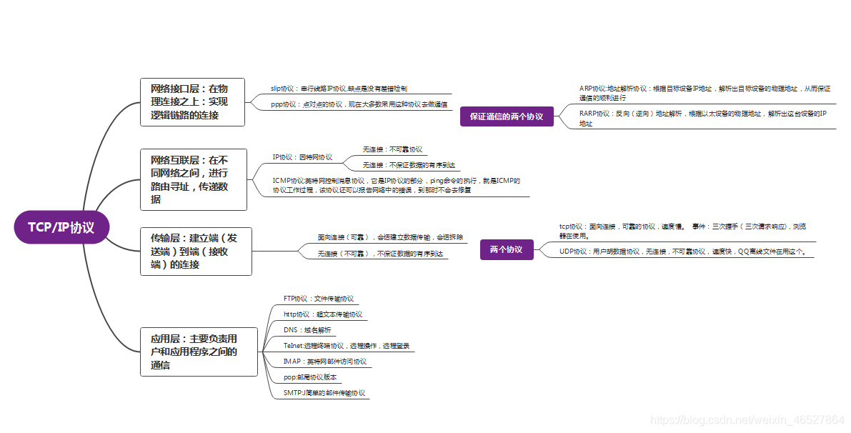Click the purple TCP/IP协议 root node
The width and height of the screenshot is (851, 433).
61,227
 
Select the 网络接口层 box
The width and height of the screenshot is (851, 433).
192,101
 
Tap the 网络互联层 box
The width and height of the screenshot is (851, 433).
194,179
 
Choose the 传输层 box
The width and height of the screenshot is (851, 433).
196,251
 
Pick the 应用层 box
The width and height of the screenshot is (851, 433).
199,352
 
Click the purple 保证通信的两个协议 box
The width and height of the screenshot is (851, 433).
507,116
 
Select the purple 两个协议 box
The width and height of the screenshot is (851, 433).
506,249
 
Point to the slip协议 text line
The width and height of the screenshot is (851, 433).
339,89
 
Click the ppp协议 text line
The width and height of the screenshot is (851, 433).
359,104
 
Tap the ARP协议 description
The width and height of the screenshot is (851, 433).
704,93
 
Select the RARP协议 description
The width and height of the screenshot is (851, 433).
702,118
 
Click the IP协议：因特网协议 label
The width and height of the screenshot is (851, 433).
302,156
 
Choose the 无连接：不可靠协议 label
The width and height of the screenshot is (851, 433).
392,149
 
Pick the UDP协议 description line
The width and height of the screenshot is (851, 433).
686,252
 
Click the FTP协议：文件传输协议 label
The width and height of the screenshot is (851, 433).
319,299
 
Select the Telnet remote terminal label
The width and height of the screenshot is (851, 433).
346,346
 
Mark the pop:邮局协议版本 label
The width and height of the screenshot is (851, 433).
310,377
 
